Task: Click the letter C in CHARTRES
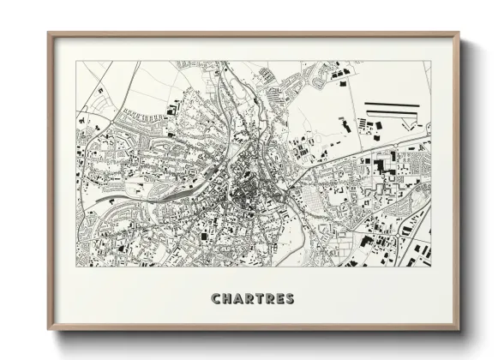pos(216,299)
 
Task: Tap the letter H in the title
pos(226,299)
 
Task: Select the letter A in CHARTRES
pos(237,299)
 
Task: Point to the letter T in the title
pos(259,299)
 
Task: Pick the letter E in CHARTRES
pos(279,299)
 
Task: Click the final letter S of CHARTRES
pos(290,299)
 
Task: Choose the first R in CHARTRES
pos(249,299)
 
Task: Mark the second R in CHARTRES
pos(269,299)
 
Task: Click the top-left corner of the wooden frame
pos(49,33)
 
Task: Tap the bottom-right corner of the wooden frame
pos(459,329)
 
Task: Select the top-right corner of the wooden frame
pos(459,33)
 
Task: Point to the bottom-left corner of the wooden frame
pos(49,329)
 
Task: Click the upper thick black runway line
pos(393,105)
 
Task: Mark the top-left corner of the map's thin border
pos(76,61)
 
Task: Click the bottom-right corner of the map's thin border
pos(431,267)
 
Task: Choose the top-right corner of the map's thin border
pos(431,61)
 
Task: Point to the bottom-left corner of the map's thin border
pos(76,267)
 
